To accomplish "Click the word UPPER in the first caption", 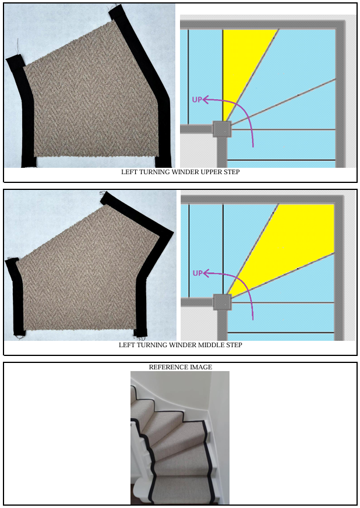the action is pos(211,172).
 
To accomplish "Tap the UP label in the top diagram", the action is pos(197,100).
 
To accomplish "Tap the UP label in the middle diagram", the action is pos(197,273).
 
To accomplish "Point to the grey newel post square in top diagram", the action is pos(222,129).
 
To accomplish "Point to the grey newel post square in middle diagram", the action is pos(223,302).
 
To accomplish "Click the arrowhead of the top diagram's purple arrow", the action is pos(205,100).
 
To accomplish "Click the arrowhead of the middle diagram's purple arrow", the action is pos(206,273).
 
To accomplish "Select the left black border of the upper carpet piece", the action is pos(24,110).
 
